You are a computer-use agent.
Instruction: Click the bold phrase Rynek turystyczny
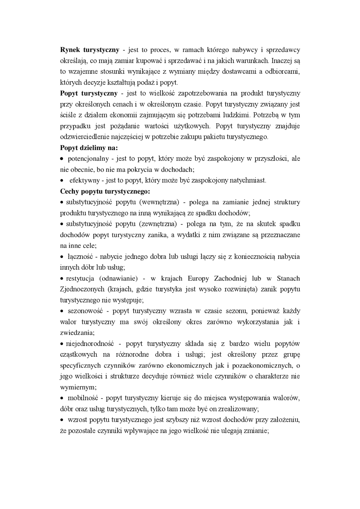click(x=90, y=50)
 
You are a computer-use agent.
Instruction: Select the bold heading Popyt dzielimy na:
click(x=89, y=148)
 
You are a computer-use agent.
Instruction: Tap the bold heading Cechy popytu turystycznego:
click(x=105, y=192)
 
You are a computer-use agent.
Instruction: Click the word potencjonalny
click(x=88, y=159)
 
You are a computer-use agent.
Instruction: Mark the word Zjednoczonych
click(x=82, y=289)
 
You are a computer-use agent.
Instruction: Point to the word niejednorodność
click(x=89, y=344)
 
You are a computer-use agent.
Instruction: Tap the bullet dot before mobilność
click(x=62, y=399)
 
